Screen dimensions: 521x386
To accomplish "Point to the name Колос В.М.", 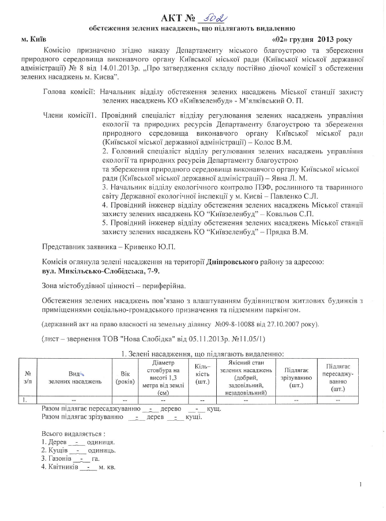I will tap(273, 142).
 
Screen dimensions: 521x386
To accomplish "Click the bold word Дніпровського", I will tap(232, 262).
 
